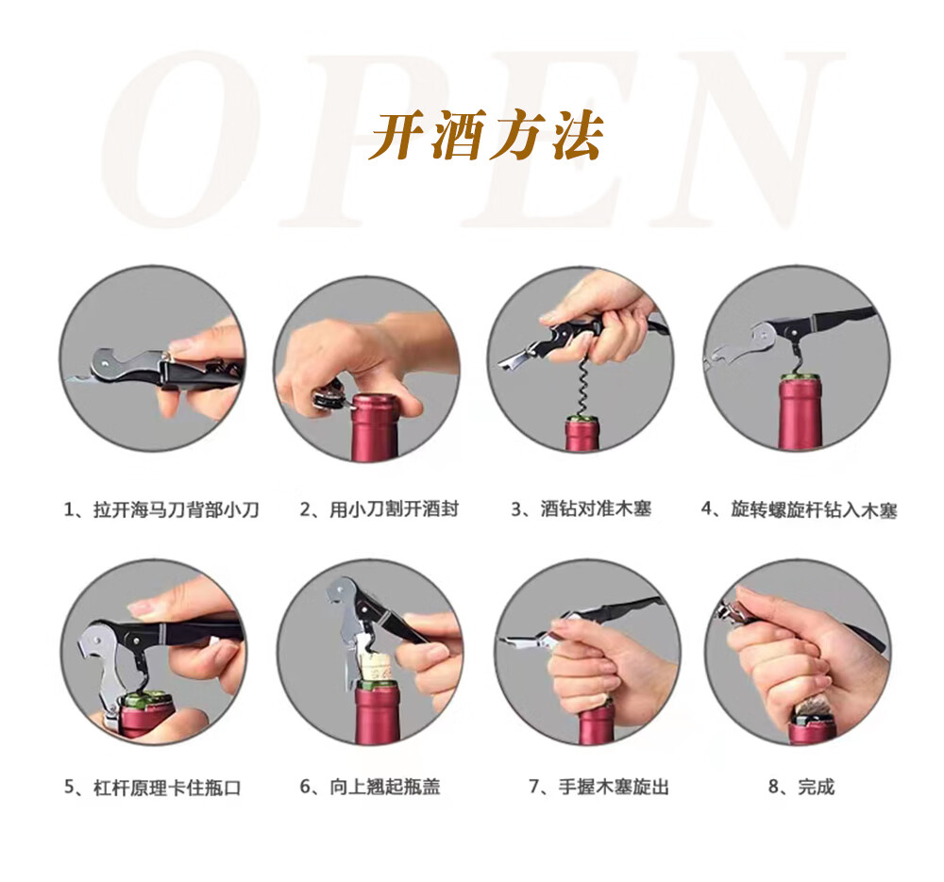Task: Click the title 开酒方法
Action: click(486, 135)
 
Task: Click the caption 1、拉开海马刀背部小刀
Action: click(161, 509)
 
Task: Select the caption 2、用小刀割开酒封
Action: click(379, 509)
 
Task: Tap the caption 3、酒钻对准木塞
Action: click(582, 509)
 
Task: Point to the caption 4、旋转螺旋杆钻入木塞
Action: click(799, 509)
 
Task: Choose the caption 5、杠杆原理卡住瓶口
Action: click(152, 788)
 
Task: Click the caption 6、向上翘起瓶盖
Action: click(370, 787)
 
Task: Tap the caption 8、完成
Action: click(801, 787)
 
